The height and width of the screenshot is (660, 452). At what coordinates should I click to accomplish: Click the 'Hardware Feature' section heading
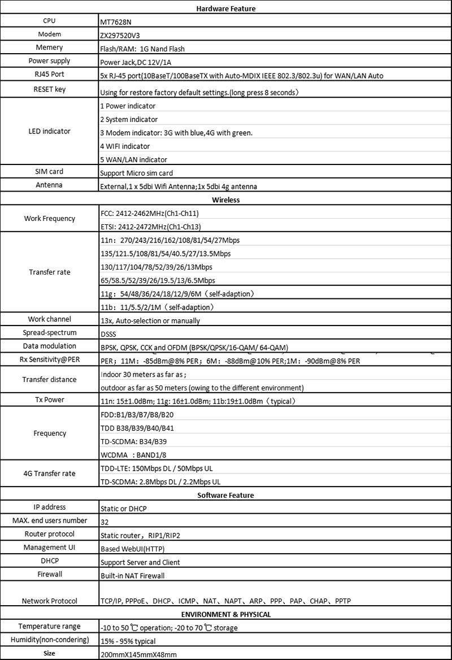[226, 8]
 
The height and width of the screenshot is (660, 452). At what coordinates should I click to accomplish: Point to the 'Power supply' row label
[49, 61]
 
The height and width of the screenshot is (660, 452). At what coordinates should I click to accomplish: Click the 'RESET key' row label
[49, 89]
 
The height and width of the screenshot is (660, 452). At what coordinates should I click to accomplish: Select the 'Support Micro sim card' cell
[136, 173]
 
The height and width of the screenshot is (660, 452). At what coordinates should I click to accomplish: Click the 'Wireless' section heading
[226, 200]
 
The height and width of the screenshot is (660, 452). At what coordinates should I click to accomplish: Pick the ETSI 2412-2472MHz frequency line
[149, 227]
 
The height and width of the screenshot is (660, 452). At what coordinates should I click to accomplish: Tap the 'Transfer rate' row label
[49, 272]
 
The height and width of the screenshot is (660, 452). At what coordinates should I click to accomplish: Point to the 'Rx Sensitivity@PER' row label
[49, 360]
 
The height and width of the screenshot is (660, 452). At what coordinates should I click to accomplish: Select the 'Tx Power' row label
[49, 400]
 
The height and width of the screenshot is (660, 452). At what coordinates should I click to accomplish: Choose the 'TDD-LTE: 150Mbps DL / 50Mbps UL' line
[157, 468]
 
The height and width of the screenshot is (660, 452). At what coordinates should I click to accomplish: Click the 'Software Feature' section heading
[226, 495]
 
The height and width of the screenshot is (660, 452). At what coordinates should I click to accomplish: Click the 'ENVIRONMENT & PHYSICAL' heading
[226, 614]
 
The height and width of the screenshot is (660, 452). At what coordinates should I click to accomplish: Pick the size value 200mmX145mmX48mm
[138, 654]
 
